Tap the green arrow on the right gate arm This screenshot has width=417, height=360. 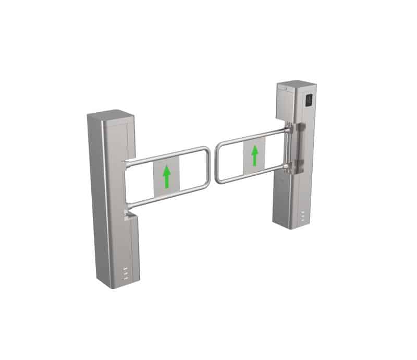(x=255, y=155)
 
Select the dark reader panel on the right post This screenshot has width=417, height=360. (x=308, y=99)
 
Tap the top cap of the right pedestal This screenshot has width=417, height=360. (x=295, y=85)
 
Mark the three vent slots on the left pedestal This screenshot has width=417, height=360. (x=125, y=273)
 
